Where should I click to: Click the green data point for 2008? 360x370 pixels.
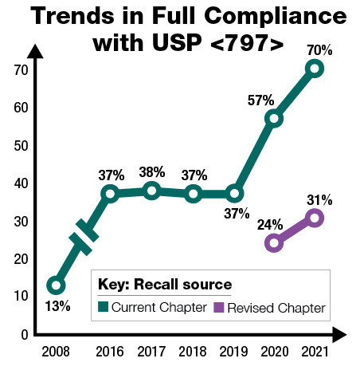55,285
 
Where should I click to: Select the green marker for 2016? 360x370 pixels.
110,194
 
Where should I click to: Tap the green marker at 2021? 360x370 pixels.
315,69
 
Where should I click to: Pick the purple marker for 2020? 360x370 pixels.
273,243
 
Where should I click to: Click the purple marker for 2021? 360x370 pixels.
315,217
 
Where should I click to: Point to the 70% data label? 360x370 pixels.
319,49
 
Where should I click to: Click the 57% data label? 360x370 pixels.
260,100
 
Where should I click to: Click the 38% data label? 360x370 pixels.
151,171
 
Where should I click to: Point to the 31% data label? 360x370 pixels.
319,199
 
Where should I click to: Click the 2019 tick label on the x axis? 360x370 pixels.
233,350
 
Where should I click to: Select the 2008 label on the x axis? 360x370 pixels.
55,350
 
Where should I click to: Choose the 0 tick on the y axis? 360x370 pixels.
25,333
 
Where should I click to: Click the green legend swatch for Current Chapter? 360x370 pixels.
102,307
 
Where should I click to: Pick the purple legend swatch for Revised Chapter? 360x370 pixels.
219,307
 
